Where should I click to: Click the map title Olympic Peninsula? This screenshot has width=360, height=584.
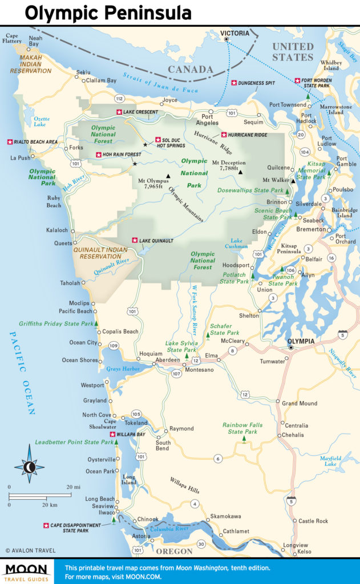click(108, 13)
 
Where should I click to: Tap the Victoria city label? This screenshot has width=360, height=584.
click(236, 33)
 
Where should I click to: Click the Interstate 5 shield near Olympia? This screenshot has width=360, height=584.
click(342, 334)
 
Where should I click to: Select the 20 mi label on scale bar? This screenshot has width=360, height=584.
click(73, 486)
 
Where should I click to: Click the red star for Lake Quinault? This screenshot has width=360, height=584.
click(135, 241)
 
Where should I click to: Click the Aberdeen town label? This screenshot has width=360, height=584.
click(168, 360)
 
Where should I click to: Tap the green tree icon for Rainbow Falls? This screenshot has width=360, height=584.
click(244, 440)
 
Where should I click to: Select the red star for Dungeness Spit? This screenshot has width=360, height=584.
click(234, 83)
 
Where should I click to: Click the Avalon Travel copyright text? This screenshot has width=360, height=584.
click(28, 550)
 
